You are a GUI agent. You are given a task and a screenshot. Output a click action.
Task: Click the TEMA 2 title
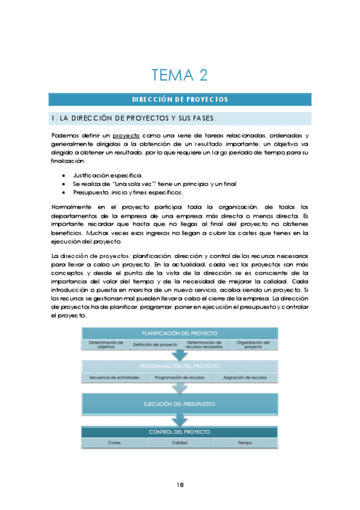[180, 75]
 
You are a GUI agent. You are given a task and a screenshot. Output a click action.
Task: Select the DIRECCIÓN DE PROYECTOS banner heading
[180, 99]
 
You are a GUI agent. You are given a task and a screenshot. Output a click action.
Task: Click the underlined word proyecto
[126, 137]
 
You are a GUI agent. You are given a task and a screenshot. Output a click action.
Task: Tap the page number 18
[180, 485]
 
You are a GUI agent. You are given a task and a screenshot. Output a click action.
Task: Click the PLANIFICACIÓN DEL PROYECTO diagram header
[180, 333]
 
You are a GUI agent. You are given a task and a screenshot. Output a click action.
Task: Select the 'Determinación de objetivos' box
[106, 345]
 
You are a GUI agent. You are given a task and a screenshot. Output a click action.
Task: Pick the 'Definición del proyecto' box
[155, 345]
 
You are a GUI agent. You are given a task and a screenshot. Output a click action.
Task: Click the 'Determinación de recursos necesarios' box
[204, 345]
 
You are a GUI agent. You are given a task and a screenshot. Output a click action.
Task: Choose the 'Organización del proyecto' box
[253, 345]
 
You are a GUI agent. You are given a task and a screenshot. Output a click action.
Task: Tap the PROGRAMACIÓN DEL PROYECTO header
[180, 366]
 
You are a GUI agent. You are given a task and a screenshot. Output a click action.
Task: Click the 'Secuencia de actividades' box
[114, 378]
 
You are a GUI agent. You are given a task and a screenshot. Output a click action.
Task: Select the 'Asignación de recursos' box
[245, 378]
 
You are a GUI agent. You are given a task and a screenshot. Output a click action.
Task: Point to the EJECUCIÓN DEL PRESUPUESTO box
[180, 404]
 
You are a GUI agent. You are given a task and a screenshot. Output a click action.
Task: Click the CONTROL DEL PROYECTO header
[180, 432]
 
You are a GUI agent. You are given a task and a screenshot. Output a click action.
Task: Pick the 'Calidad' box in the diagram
[180, 443]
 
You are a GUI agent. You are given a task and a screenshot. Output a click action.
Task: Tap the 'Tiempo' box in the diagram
[245, 443]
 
